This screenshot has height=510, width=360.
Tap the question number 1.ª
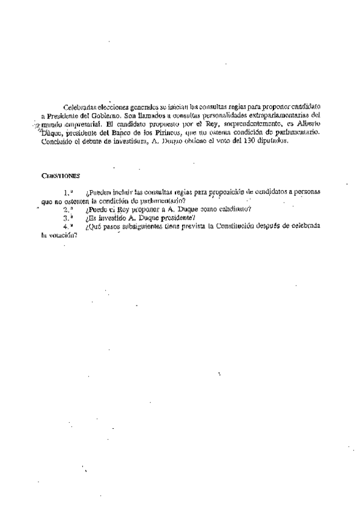[68, 192]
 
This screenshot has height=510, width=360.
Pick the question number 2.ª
[68, 209]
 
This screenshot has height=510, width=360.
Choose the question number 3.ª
[68, 218]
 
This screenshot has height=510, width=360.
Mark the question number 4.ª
[68, 226]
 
